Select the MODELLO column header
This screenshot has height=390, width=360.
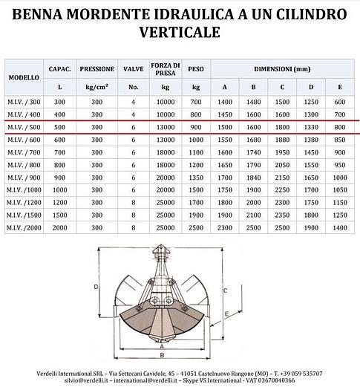click(x=24, y=77)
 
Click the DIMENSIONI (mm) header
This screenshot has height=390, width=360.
click(x=282, y=68)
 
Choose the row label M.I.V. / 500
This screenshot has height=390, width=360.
click(x=24, y=126)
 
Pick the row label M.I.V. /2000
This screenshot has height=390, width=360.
click(x=24, y=227)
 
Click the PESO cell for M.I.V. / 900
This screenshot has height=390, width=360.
click(x=196, y=177)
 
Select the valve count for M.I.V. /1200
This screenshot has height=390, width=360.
click(x=134, y=202)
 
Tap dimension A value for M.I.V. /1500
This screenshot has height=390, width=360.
click(x=226, y=215)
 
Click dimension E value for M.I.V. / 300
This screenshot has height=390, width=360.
click(x=340, y=101)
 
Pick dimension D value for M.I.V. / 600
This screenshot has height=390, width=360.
click(x=312, y=139)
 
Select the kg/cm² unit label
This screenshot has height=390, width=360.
click(x=96, y=86)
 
